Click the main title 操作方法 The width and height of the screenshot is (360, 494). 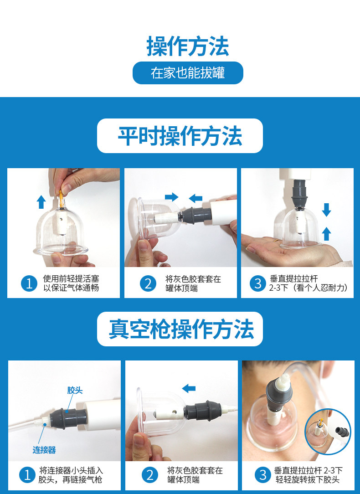point(188,46)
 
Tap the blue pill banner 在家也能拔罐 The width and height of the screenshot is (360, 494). point(188,73)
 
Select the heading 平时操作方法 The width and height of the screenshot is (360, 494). point(180,136)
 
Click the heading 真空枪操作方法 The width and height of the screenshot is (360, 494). point(181,329)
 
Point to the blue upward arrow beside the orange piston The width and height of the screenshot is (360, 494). point(41,201)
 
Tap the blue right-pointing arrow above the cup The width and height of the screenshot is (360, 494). point(172,197)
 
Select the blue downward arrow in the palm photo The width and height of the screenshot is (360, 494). point(326,210)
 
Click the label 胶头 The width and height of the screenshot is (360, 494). point(75,391)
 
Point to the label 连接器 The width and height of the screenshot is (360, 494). point(44,450)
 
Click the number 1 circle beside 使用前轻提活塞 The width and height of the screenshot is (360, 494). point(29,283)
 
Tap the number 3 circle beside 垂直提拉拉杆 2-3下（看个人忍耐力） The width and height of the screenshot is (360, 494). point(258,283)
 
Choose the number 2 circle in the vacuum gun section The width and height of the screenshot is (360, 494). point(150,475)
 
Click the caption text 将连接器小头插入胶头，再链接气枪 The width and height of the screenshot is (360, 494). point(71,475)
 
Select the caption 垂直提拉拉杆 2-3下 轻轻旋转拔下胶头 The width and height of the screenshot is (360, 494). point(308,475)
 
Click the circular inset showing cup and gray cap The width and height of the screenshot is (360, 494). point(328,432)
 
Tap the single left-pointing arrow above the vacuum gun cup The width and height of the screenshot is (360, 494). point(189,388)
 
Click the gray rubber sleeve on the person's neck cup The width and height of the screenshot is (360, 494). point(279,396)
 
